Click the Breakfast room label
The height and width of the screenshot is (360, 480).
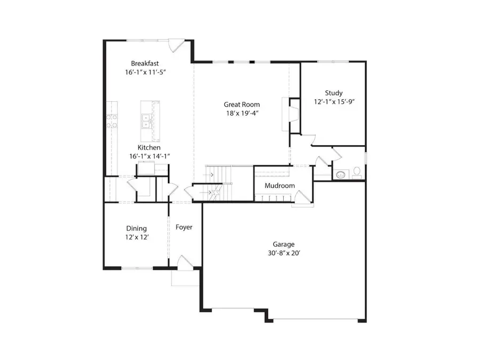click(x=146, y=63)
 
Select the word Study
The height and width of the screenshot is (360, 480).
click(x=333, y=93)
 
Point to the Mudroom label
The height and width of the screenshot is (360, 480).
click(x=279, y=186)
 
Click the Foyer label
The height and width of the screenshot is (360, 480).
click(x=184, y=227)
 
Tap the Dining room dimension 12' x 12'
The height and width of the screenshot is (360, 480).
click(x=137, y=237)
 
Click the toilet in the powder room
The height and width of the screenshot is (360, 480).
click(x=357, y=173)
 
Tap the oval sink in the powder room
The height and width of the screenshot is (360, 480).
click(x=340, y=174)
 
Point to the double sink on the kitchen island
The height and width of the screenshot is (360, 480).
click(x=145, y=122)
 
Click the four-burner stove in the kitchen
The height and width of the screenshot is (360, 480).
click(x=111, y=121)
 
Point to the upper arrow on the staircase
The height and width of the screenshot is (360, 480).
click(x=211, y=174)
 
